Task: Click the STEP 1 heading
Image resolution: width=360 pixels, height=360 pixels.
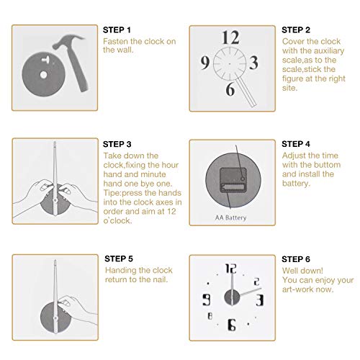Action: (118, 30)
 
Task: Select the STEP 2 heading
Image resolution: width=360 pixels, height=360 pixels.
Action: (295, 30)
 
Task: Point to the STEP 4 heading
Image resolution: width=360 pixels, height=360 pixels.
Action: (295, 144)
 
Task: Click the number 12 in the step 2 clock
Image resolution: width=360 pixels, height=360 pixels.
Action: (230, 38)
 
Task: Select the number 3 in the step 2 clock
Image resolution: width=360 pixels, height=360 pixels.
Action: (253, 63)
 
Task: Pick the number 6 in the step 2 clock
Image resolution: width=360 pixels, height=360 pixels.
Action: (230, 89)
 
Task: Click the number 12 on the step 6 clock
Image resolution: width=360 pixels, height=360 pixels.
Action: (230, 271)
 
